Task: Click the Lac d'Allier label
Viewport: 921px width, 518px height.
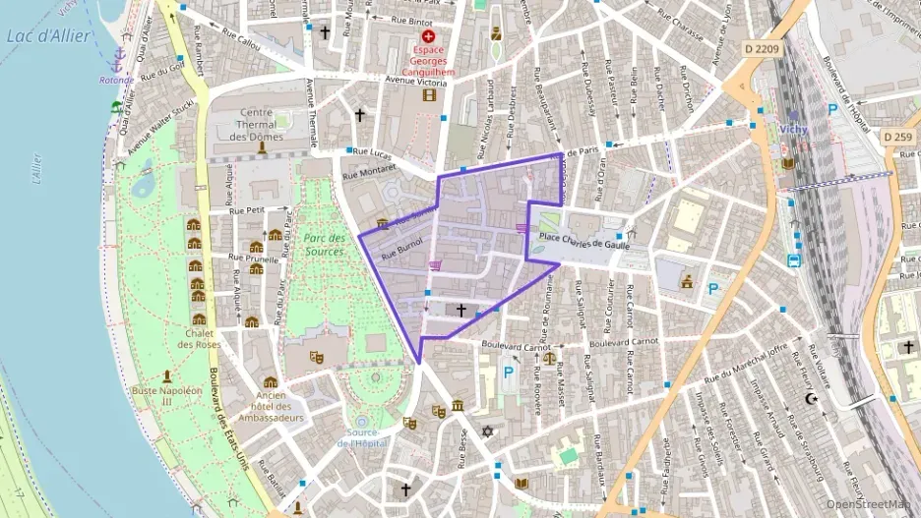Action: click(48, 36)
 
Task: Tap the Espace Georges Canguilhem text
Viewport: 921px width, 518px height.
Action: click(427, 60)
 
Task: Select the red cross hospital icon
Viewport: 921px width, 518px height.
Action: click(428, 35)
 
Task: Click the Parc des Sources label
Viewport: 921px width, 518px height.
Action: click(324, 245)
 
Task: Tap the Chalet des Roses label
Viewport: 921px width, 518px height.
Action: click(199, 337)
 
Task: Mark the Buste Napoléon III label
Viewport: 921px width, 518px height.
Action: click(167, 396)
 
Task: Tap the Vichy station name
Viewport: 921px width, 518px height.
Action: click(792, 128)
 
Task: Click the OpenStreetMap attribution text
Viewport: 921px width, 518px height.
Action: click(869, 504)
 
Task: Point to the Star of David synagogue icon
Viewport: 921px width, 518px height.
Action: click(486, 432)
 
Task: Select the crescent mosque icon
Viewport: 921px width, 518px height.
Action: click(812, 399)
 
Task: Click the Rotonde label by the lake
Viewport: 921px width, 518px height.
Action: click(116, 80)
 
